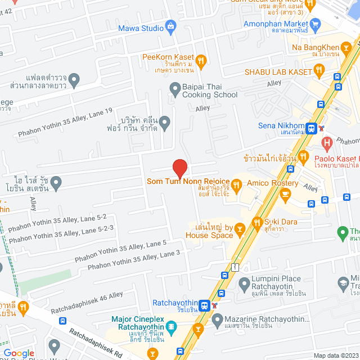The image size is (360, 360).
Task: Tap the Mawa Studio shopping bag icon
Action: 171,26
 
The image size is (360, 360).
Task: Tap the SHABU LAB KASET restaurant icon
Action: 319,70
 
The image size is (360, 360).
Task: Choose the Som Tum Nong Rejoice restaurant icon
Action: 237,183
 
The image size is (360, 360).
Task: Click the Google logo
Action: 19,353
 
